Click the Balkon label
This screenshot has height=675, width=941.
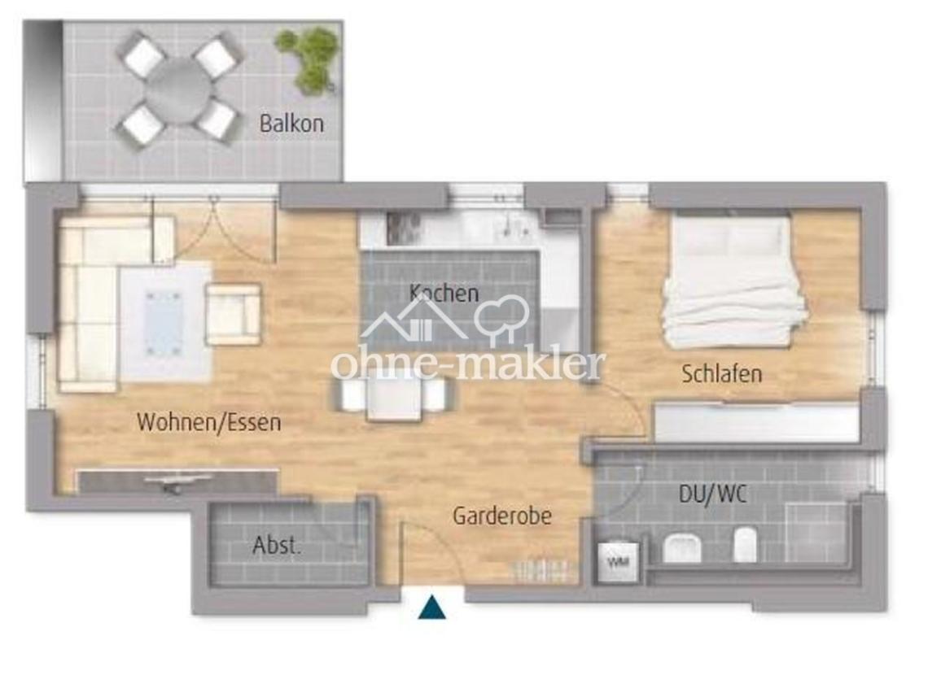click(x=291, y=124)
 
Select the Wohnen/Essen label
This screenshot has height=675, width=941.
click(x=209, y=422)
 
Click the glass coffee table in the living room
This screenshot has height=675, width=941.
click(x=164, y=322)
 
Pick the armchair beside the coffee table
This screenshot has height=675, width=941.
click(x=234, y=315)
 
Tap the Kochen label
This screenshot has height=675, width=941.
click(x=444, y=293)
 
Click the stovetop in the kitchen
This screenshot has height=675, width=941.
click(x=405, y=229)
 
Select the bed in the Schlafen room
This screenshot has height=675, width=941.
click(x=733, y=279)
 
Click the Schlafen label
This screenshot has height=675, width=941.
click(x=722, y=374)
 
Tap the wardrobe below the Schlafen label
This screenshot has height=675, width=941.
click(x=757, y=423)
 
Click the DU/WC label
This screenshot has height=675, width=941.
click(x=713, y=494)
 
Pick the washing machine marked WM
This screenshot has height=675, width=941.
click(x=618, y=562)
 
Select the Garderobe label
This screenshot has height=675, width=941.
click(x=502, y=516)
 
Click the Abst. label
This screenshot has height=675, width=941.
click(x=276, y=546)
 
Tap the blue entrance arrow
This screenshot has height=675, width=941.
click(x=432, y=607)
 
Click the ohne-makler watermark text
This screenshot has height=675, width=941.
click(x=468, y=364)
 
